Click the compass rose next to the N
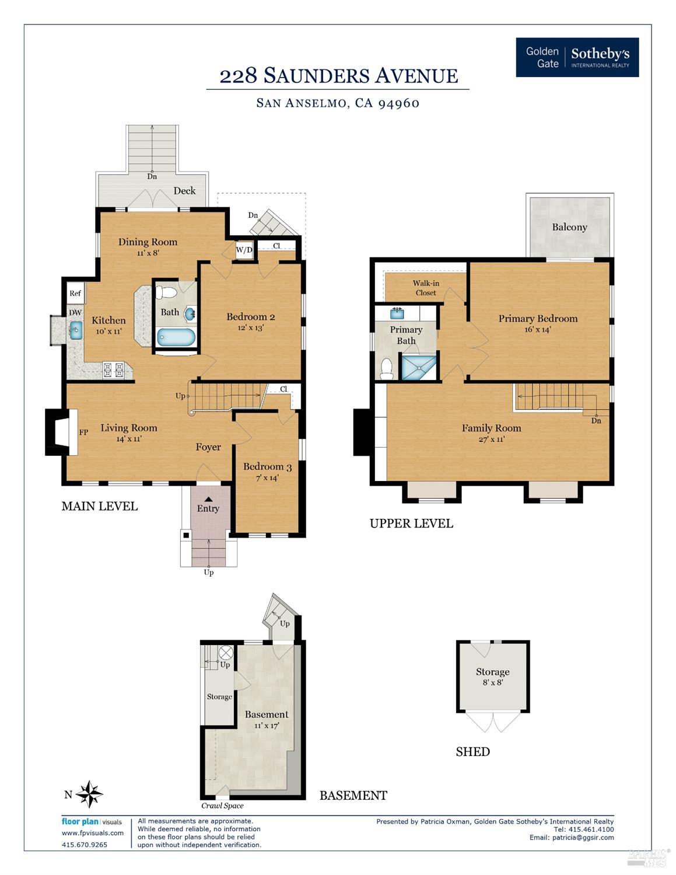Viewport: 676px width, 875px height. pyautogui.click(x=89, y=794)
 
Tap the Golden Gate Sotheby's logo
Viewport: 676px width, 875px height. pyautogui.click(x=577, y=57)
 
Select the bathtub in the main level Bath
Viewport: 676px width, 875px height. pyautogui.click(x=176, y=337)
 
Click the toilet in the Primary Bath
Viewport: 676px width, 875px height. pyautogui.click(x=386, y=368)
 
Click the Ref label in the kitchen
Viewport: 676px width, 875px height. pyautogui.click(x=75, y=293)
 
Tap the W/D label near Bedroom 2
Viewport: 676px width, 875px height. pyautogui.click(x=244, y=250)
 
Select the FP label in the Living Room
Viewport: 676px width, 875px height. pyautogui.click(x=83, y=433)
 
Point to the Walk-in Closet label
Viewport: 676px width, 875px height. pyautogui.click(x=426, y=288)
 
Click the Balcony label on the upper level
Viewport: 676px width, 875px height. pyautogui.click(x=569, y=227)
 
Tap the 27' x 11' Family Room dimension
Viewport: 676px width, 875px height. pyautogui.click(x=491, y=440)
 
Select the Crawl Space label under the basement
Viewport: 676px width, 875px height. pyautogui.click(x=222, y=806)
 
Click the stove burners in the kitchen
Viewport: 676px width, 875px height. pyautogui.click(x=113, y=370)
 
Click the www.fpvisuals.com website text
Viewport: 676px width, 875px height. pyautogui.click(x=93, y=833)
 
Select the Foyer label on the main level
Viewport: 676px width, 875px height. pyautogui.click(x=208, y=447)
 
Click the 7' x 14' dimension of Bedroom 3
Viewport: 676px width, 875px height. pyautogui.click(x=267, y=477)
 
